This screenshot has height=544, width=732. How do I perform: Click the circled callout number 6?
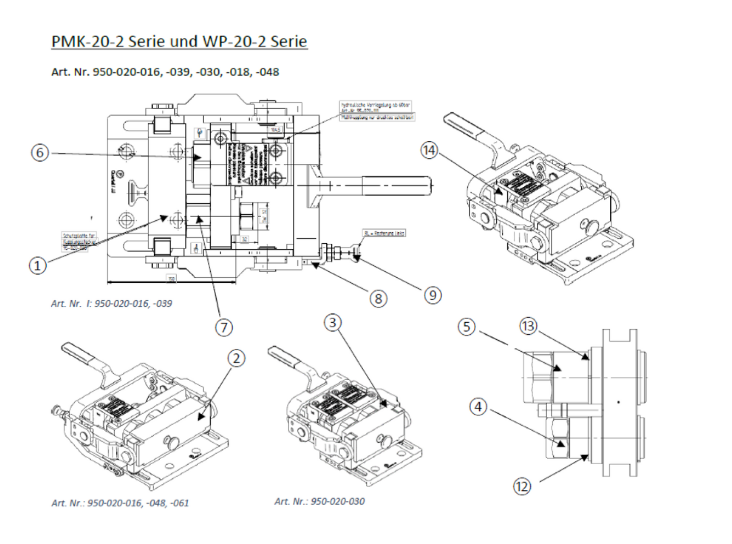pos(40,152)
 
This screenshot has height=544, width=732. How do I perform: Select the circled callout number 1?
pos(37,265)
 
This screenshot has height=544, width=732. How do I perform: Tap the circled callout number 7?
pos(224,327)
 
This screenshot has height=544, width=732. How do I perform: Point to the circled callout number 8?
pos(378,299)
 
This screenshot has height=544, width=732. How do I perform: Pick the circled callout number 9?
pos(433,295)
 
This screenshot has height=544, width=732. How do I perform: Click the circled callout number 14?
pos(429,150)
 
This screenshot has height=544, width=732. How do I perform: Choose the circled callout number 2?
pos(236,358)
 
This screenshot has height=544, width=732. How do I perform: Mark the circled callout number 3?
pos(333,323)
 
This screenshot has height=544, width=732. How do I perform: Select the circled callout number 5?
pos(467,327)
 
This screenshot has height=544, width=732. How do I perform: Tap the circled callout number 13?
pos(528,326)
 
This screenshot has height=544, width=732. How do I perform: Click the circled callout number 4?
pos(478,407)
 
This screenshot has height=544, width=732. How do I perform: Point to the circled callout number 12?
pos(522,486)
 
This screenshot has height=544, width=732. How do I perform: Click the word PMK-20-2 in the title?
pos(87,41)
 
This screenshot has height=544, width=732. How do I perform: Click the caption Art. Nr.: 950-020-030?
pos(320,501)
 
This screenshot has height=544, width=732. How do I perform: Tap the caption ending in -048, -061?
pos(120,503)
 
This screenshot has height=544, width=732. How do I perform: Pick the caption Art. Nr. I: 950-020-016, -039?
pos(111,303)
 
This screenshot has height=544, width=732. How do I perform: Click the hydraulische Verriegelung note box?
pos(376,110)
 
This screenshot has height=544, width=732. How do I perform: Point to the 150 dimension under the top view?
pos(171,278)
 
